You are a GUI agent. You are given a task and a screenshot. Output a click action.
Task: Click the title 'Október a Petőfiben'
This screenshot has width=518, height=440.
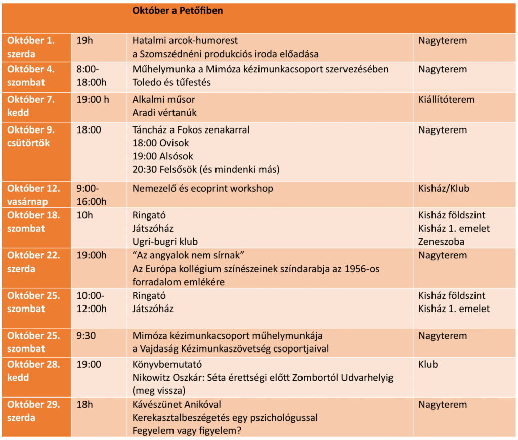(177, 10)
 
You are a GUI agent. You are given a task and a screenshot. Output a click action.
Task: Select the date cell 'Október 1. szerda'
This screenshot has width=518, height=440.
(31, 47)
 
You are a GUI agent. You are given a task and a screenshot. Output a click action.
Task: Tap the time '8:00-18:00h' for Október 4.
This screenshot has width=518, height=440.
(92, 76)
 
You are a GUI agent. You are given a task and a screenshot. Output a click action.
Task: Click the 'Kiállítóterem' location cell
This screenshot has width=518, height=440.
(446, 99)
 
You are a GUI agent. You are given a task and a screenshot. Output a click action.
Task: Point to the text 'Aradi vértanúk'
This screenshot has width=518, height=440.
(164, 113)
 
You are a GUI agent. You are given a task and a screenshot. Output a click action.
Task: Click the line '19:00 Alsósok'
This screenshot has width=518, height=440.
(162, 156)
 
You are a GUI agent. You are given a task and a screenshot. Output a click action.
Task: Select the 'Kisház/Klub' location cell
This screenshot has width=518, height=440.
(444, 189)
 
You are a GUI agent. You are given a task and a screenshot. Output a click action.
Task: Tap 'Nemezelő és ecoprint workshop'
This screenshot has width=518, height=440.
(203, 189)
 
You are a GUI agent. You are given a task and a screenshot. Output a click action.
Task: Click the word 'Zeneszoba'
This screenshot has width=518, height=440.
(441, 242)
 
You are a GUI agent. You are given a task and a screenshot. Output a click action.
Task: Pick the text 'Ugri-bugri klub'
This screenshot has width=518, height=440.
(165, 242)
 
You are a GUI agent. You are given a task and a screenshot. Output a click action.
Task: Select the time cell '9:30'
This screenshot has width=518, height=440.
(85, 336)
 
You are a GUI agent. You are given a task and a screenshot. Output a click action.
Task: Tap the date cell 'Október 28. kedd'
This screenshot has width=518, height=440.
(33, 371)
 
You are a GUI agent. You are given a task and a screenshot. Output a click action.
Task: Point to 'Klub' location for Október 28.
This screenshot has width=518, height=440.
(428, 364)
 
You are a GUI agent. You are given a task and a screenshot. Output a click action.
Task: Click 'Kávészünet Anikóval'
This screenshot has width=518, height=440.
(177, 405)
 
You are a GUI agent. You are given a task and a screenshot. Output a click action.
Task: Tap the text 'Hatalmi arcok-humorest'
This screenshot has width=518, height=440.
(185, 40)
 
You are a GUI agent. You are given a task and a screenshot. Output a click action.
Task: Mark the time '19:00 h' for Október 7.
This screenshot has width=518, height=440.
(93, 99)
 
